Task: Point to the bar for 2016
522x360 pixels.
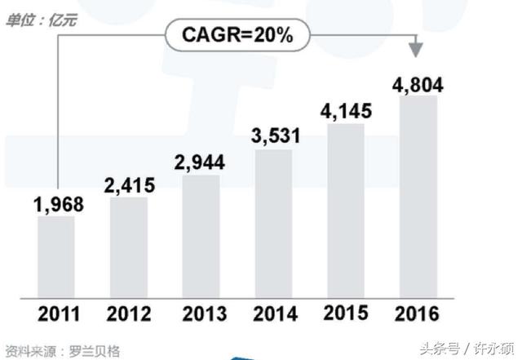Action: click(418, 196)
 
